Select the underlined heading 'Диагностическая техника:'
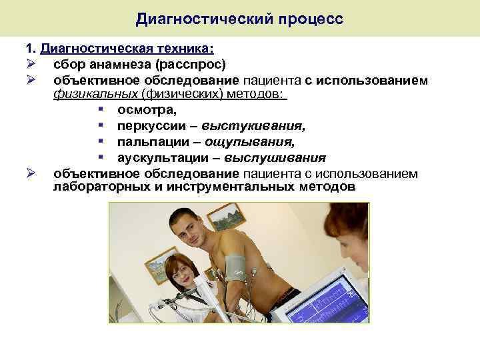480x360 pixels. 127,50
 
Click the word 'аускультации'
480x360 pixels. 158,158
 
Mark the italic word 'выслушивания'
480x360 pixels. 275,158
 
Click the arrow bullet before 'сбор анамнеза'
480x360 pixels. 30,65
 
